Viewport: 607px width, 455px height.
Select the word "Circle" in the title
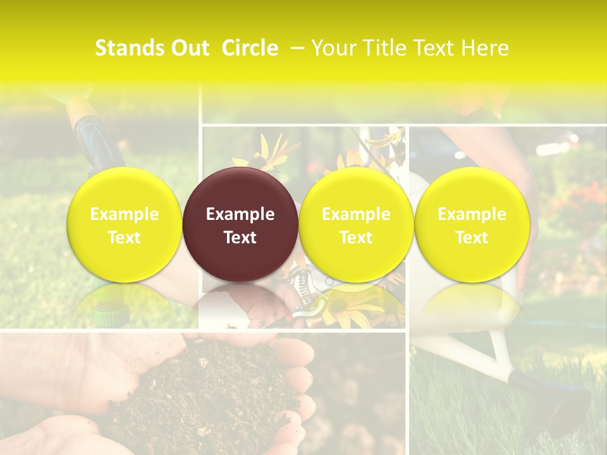(250, 48)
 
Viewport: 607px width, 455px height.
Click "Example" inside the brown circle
(240, 214)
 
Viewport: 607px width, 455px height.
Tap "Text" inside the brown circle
(240, 238)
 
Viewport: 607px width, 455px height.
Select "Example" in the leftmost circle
(125, 214)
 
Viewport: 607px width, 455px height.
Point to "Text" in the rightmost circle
(472, 238)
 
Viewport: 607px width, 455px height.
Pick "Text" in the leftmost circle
(125, 238)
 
